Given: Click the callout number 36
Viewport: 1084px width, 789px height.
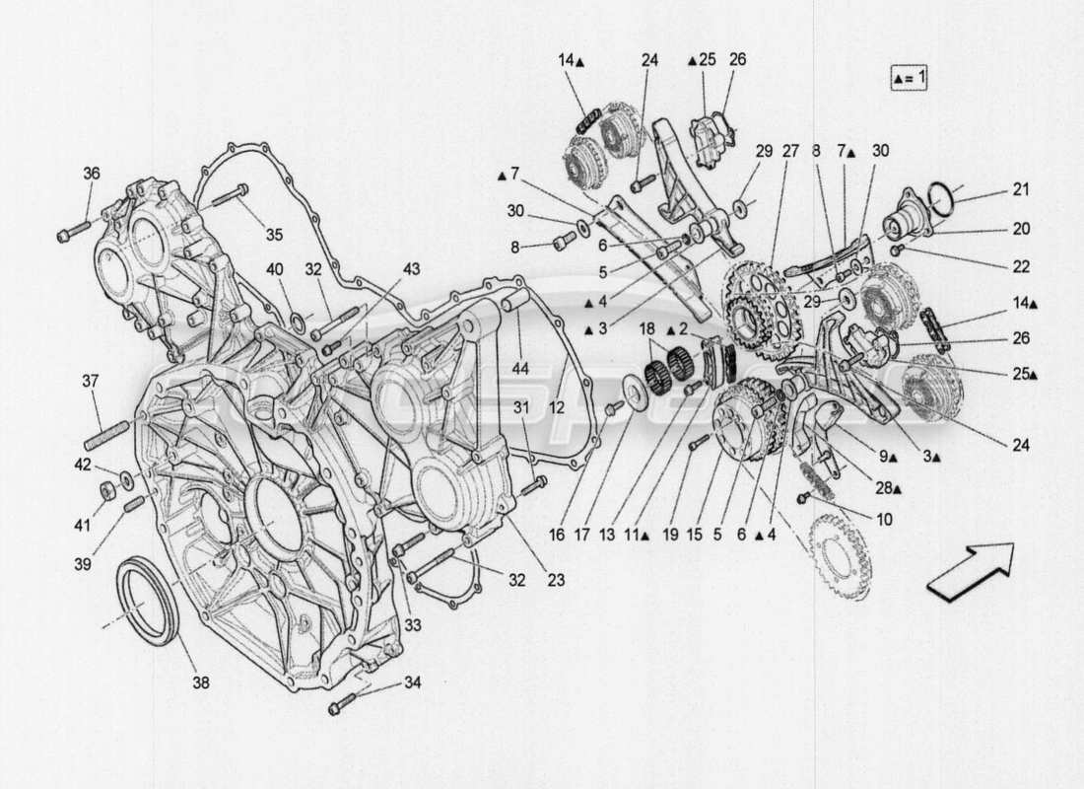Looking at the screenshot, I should (x=91, y=174).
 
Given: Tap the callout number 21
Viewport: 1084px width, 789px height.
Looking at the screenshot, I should (x=1020, y=189).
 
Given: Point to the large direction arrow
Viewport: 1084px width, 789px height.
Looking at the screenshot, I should (x=971, y=571).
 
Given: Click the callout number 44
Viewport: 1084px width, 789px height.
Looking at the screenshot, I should (x=519, y=368).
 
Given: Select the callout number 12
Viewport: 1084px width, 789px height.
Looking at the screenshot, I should (x=556, y=406).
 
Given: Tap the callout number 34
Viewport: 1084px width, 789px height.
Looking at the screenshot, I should (x=411, y=682).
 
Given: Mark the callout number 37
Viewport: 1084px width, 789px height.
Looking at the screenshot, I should (x=91, y=382).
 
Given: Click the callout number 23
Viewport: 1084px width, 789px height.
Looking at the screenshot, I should (x=556, y=581).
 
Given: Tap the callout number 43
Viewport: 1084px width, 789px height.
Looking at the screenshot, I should (x=410, y=269).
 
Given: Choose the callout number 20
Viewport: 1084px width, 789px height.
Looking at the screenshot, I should (x=1020, y=229).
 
